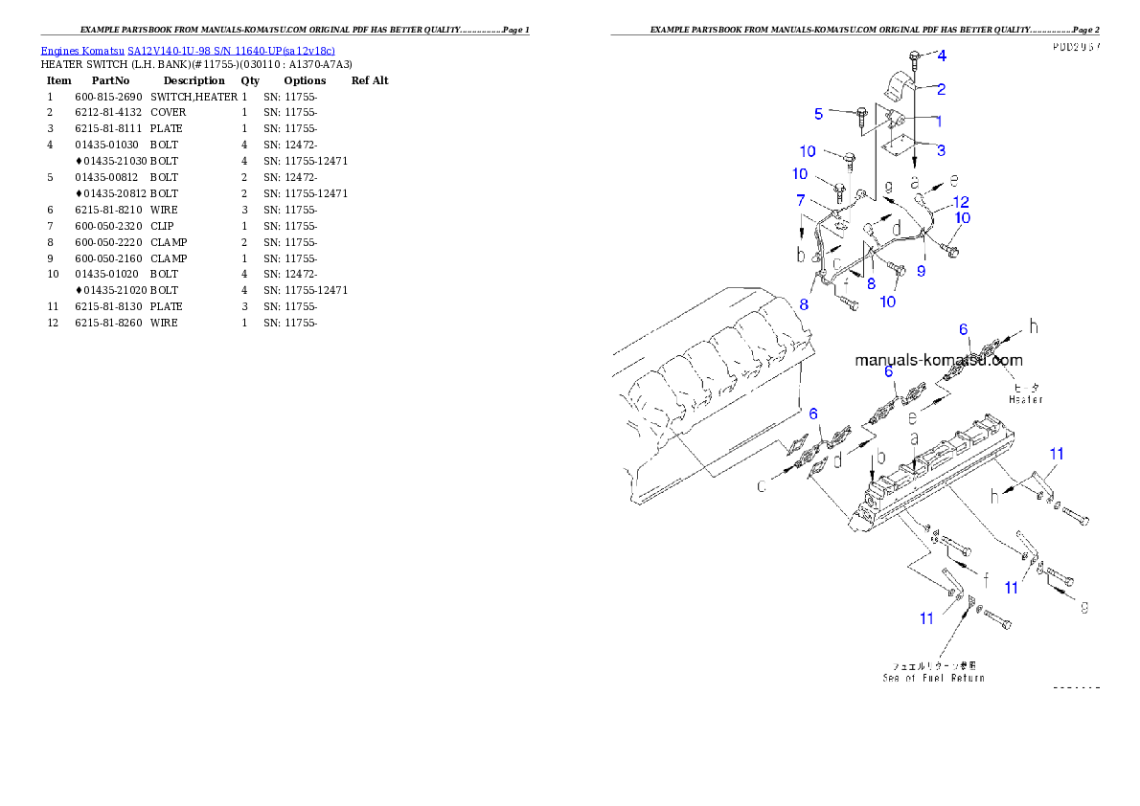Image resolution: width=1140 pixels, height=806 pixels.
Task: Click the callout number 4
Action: point(941,55)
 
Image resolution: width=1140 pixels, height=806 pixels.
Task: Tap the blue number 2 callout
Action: point(942,90)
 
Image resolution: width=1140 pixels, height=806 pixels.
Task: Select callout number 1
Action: point(939,122)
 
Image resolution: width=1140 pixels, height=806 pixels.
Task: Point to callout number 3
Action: point(942,150)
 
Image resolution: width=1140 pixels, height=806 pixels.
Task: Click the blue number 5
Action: point(819,114)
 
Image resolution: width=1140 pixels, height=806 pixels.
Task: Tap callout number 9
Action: point(921,271)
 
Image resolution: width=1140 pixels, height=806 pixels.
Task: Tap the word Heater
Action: point(1025,399)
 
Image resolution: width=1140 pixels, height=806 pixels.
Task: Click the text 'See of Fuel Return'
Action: point(933,678)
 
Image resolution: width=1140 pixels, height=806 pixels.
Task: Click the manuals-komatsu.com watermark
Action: point(938,361)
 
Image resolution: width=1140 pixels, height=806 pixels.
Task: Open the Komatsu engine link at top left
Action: point(188,51)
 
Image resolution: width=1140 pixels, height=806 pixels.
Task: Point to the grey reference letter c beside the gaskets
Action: point(762,486)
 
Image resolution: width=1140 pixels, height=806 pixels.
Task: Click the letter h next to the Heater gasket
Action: point(1034,326)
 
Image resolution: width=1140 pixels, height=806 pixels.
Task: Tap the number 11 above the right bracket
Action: point(1056,454)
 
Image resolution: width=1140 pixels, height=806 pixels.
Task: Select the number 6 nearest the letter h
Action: point(964,329)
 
